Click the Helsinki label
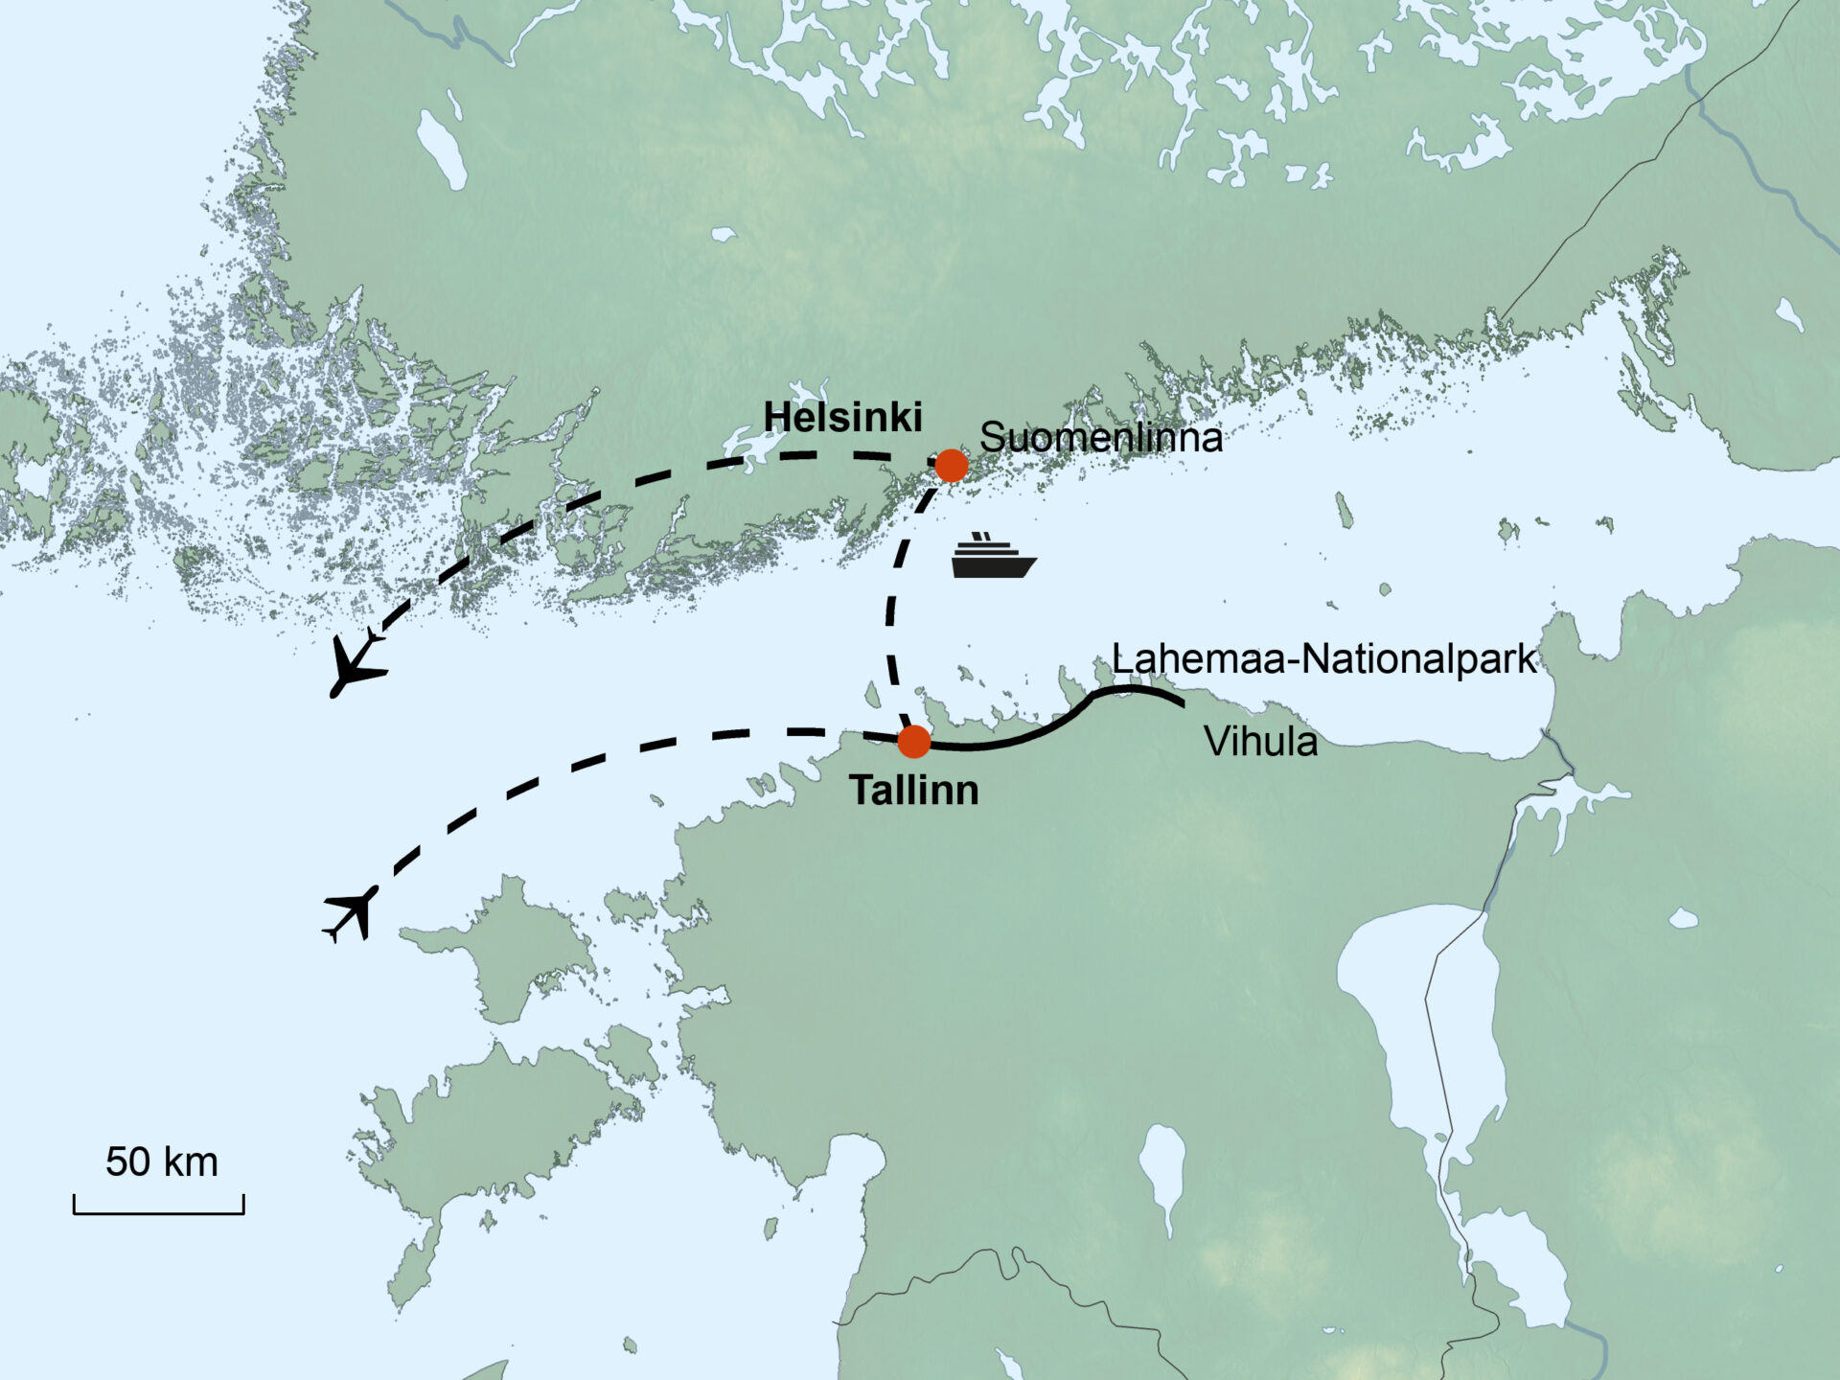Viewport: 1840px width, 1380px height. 842,418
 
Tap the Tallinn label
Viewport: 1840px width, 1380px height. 913,791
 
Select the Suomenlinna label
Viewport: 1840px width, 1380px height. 1101,438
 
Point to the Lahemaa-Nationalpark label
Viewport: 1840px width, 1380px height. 1323,659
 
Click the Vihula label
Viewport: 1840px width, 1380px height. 1260,742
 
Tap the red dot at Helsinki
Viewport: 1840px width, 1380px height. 952,466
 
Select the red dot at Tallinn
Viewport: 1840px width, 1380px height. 914,741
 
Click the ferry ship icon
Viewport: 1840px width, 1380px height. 993,558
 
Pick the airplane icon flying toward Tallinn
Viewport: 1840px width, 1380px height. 351,913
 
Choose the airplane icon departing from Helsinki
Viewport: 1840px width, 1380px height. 356,663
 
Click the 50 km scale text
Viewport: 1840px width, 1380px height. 161,1162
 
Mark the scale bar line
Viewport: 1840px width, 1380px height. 159,1212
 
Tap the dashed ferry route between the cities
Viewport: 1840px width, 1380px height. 891,613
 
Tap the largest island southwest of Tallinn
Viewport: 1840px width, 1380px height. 479,1131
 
